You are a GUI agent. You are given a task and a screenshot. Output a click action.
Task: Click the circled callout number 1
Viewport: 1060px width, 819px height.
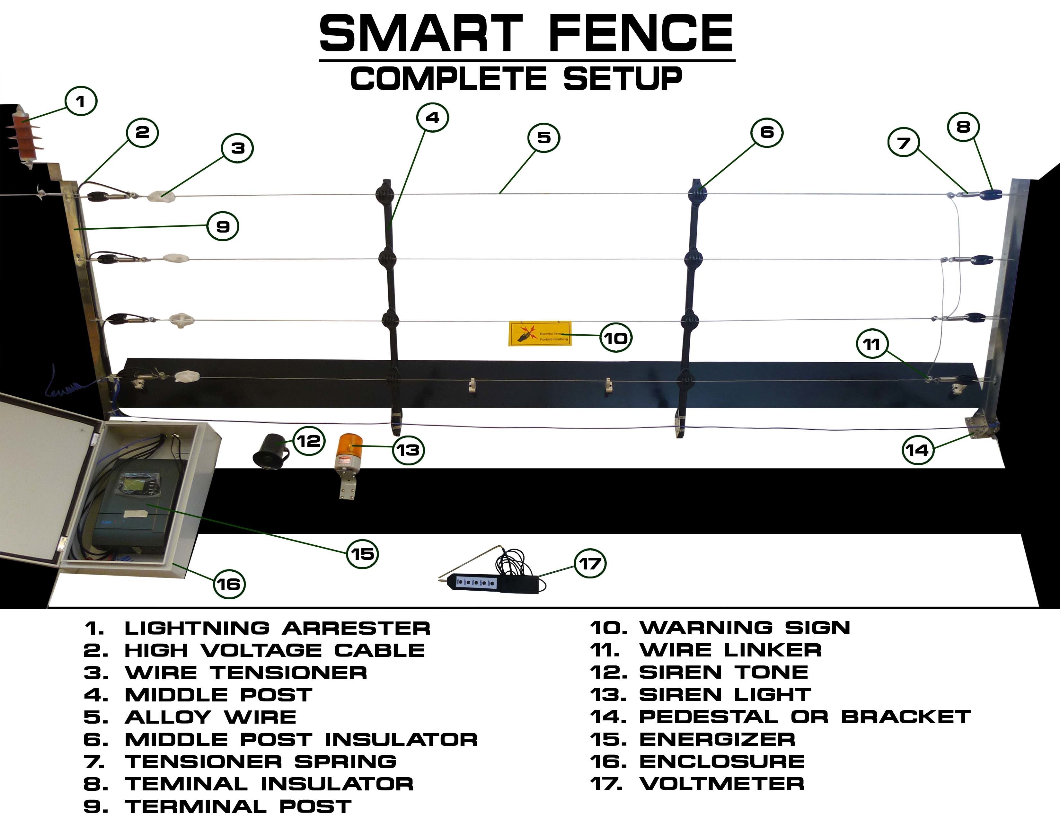[x=81, y=101]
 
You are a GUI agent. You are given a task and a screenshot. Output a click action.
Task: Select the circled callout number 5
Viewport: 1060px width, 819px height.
[x=543, y=138]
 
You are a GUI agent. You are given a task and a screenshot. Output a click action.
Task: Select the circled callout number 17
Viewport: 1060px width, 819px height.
[x=590, y=564]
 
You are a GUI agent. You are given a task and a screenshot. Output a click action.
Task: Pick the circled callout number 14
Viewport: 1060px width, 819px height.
[x=917, y=450]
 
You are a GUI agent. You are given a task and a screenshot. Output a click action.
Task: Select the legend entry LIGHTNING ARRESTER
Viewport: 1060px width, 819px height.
[x=277, y=628]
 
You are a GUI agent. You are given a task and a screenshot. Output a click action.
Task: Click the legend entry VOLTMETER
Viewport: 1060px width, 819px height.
[x=721, y=784]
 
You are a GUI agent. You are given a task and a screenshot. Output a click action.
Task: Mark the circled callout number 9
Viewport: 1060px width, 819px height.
[x=223, y=226]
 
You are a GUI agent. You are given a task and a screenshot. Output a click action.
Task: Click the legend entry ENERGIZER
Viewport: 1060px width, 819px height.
[x=717, y=739]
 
